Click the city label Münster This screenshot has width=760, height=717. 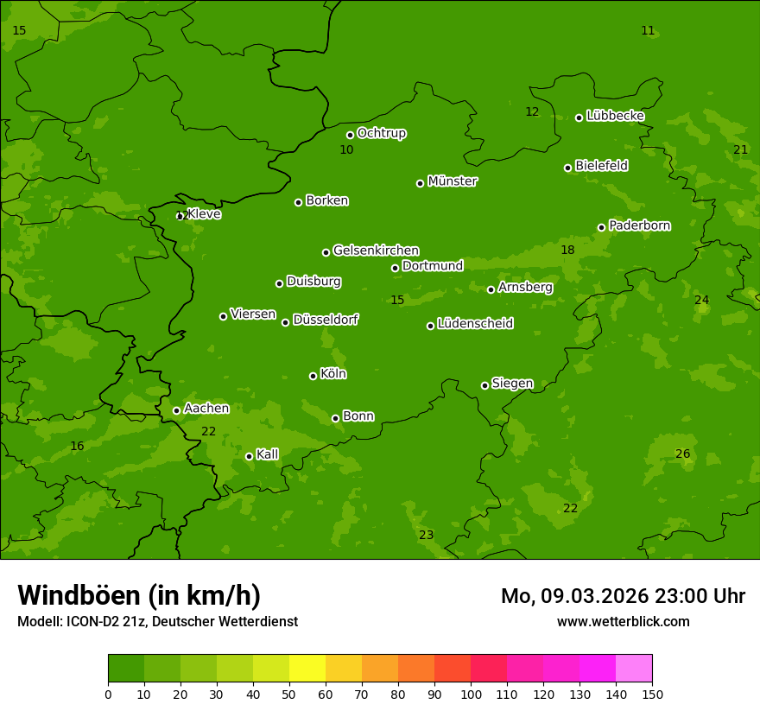(x=453, y=181)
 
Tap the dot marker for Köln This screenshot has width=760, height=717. (x=313, y=376)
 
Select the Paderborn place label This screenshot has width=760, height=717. (x=640, y=225)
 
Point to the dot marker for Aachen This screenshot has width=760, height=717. (x=176, y=410)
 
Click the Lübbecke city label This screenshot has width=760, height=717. (x=616, y=116)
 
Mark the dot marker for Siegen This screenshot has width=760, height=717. (x=484, y=385)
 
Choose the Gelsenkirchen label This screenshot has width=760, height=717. (x=376, y=251)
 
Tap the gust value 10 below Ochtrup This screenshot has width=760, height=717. (x=346, y=149)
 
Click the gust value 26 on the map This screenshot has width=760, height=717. (x=682, y=454)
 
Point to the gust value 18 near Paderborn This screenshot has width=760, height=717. (x=567, y=250)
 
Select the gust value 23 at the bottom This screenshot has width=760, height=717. (x=427, y=535)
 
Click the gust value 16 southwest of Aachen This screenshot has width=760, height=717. (x=77, y=446)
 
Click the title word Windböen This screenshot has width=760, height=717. (x=79, y=595)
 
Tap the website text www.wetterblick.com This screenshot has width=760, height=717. (x=623, y=621)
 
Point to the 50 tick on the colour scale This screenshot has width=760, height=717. (x=289, y=694)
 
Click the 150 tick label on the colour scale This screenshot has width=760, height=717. (x=652, y=694)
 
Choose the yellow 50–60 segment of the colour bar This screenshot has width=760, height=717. (x=307, y=669)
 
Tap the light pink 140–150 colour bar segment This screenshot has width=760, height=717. (x=634, y=669)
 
